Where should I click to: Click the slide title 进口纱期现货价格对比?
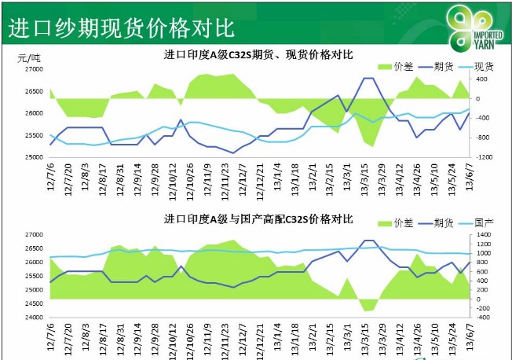pos(121,28)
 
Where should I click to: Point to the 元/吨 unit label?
pos(29,57)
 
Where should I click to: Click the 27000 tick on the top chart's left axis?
pos(33,69)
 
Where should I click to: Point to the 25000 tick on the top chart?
pos(33,157)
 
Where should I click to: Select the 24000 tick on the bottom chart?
pos(33,318)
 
